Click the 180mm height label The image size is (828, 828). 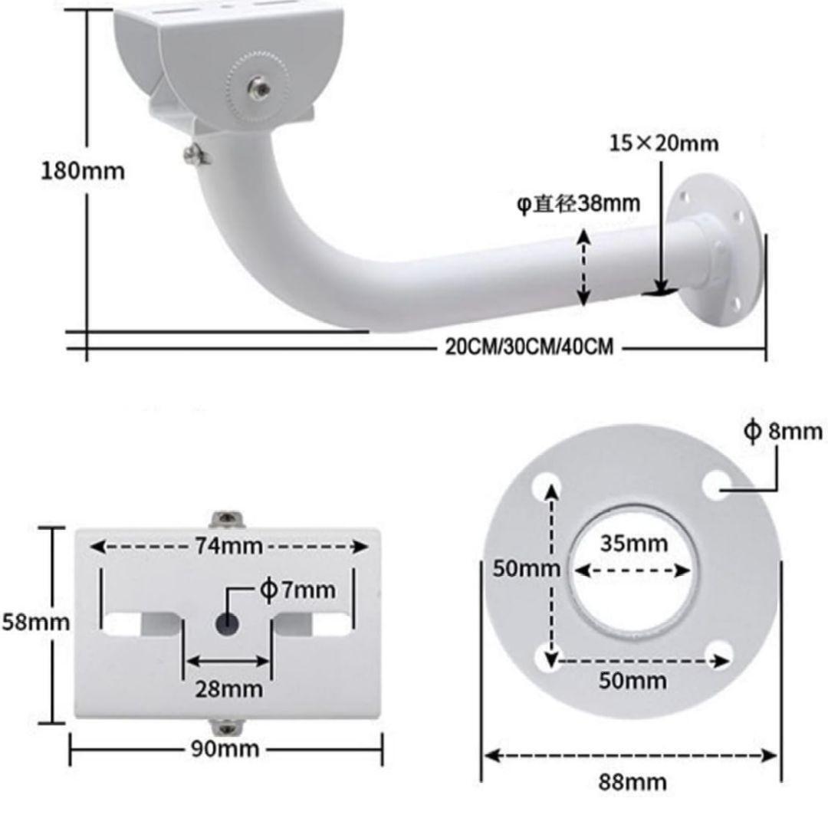83,171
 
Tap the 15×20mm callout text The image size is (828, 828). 664,143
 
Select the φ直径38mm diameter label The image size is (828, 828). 578,203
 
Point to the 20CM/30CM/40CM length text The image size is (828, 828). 529,347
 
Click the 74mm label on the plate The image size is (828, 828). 228,546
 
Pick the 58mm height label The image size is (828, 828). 36,622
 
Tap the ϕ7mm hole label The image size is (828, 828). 297,590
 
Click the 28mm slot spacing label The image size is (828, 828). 228,689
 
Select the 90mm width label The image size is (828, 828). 225,749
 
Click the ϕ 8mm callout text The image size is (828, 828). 783,431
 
